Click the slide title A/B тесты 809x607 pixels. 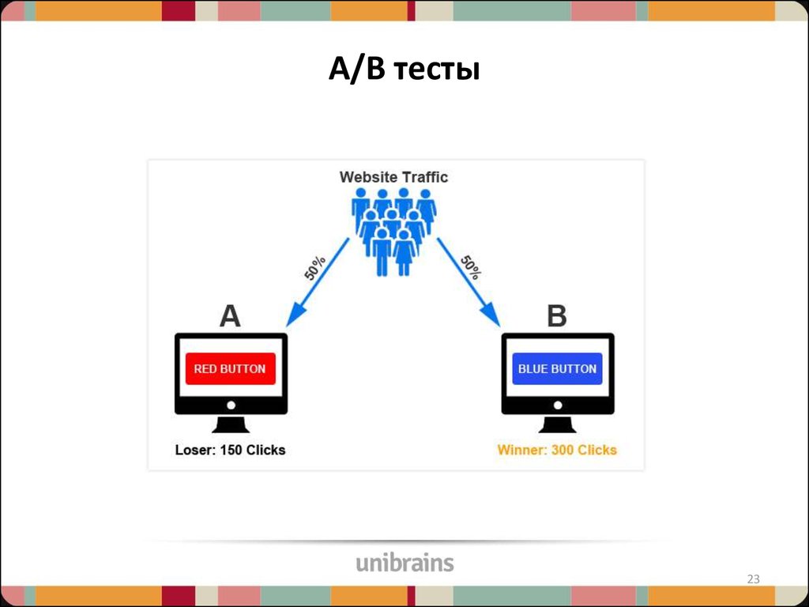click(404, 70)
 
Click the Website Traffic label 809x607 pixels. click(393, 177)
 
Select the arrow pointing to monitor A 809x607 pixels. click(317, 282)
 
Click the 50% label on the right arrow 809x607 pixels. click(471, 268)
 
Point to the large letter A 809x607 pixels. click(229, 316)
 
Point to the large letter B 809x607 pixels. click(557, 316)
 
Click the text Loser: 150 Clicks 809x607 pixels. click(230, 451)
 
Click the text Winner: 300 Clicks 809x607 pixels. click(557, 451)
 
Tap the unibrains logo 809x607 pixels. click(404, 563)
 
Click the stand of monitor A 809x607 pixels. click(231, 424)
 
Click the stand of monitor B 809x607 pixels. click(558, 424)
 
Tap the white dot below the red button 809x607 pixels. click(231, 405)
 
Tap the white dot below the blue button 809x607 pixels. click(558, 405)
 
